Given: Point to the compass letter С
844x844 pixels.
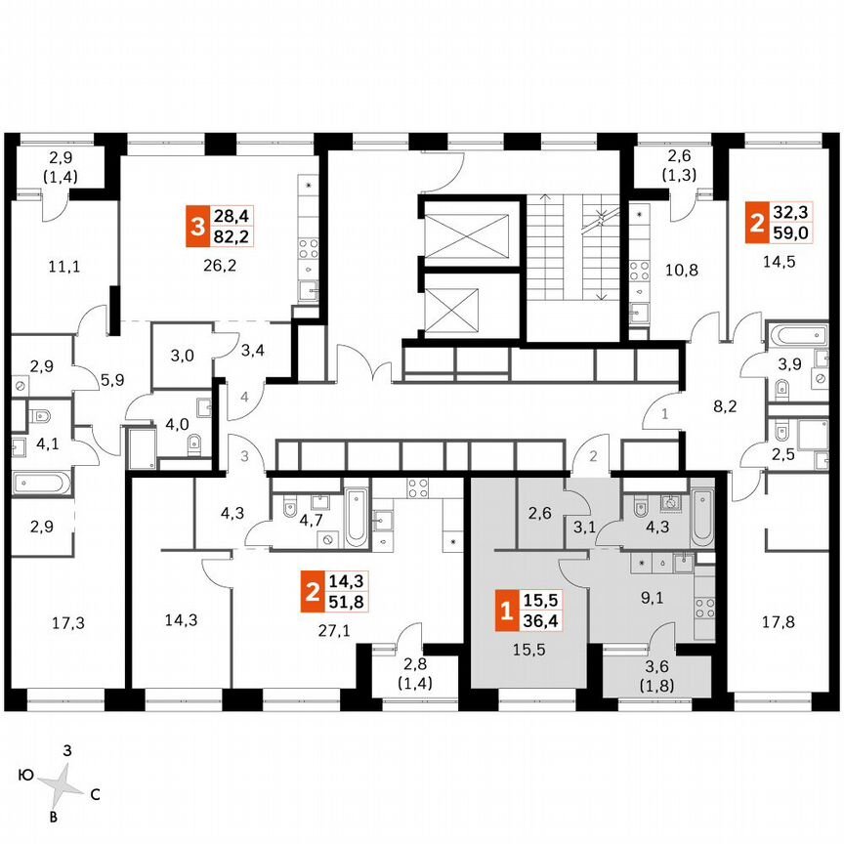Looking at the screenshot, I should coord(95,795).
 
